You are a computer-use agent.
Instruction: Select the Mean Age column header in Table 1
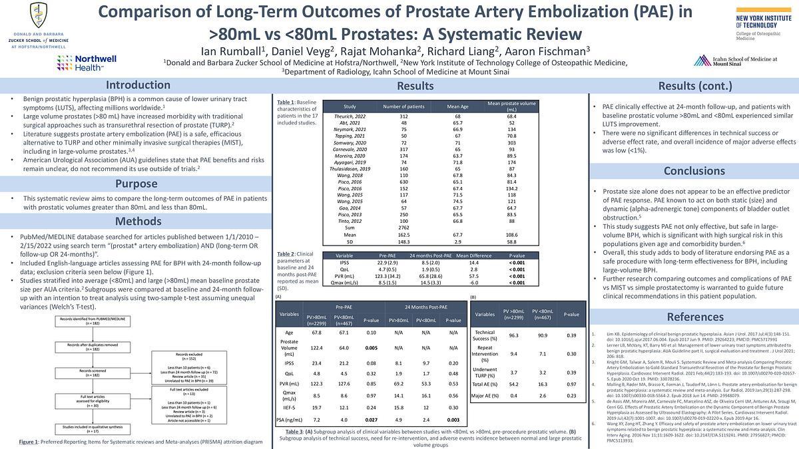pos(457,106)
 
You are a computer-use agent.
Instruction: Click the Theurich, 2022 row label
pos(350,116)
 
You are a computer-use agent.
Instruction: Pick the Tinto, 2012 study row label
pos(350,221)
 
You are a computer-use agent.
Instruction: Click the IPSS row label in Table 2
pos(344,263)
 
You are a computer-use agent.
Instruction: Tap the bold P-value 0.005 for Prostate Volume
pos(372,347)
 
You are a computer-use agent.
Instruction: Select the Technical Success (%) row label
pos(485,335)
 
